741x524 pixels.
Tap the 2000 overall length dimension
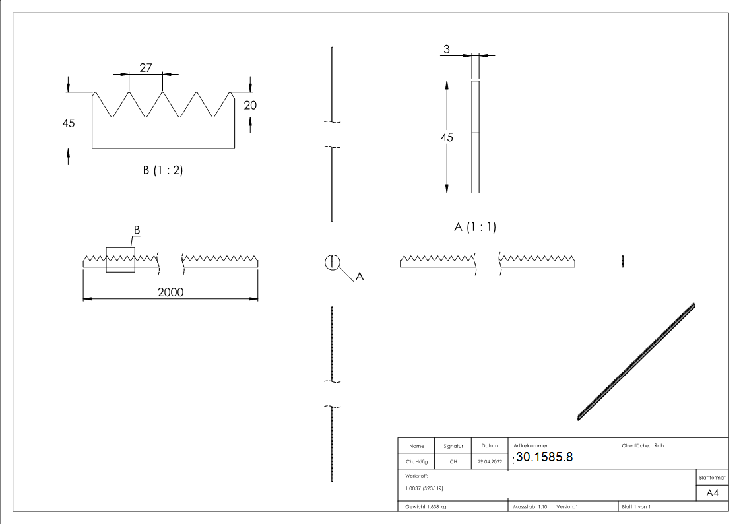[x=170, y=292]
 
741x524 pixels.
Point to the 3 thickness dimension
[x=447, y=49]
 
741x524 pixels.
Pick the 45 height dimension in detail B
[x=69, y=123]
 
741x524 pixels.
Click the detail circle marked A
[x=332, y=262]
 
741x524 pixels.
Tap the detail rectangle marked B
[x=120, y=260]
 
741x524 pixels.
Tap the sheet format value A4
[x=713, y=492]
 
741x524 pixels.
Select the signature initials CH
[x=453, y=462]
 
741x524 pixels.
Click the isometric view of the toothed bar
[x=637, y=361]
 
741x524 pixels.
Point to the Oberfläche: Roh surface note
[x=643, y=446]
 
